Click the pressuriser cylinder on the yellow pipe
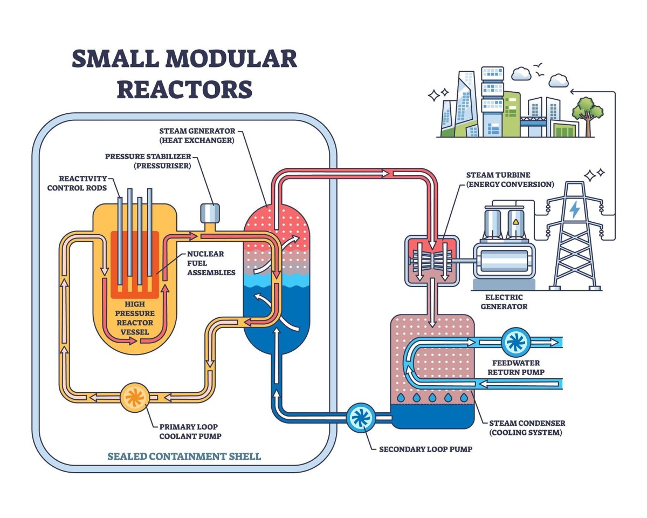(210, 213)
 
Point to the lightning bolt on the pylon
(575, 209)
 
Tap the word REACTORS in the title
(184, 89)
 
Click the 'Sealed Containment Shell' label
(184, 456)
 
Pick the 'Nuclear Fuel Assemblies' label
(211, 263)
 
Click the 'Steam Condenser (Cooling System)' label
(527, 428)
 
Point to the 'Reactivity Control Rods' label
(77, 183)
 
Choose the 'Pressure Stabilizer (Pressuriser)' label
(148, 161)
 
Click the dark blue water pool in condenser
(433, 416)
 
